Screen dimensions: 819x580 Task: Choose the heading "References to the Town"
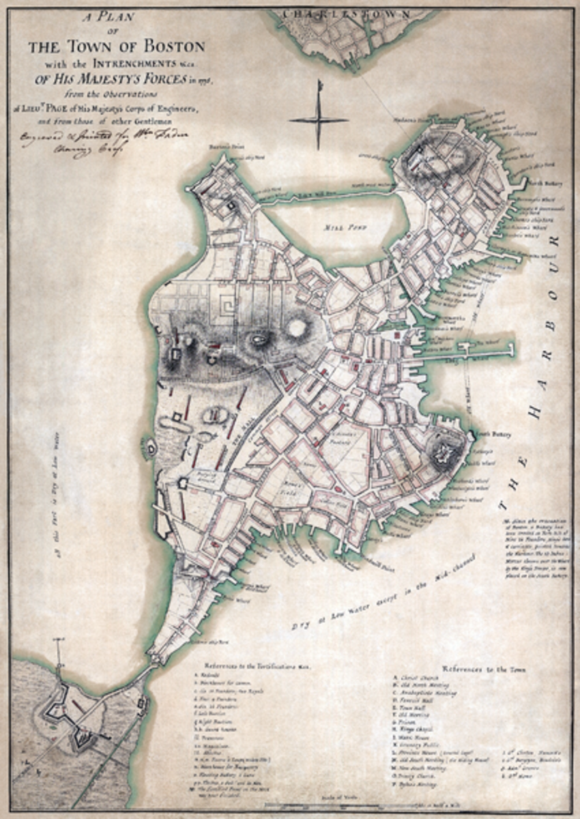[x=483, y=670]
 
